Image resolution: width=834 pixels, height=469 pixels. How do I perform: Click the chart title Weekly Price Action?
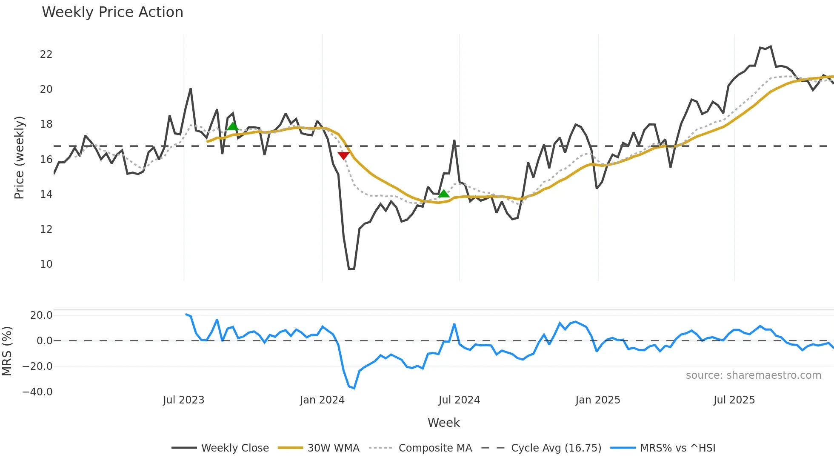112,12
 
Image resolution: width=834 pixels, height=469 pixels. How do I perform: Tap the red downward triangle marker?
343,155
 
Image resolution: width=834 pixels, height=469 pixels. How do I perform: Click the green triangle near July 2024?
443,194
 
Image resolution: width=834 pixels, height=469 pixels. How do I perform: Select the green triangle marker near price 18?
233,126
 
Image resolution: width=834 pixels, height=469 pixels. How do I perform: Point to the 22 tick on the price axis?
46,54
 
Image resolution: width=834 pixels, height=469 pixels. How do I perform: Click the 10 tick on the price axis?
46,264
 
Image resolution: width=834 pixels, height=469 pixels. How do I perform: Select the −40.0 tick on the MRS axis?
37,392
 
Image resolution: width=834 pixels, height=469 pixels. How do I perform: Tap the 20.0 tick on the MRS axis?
41,315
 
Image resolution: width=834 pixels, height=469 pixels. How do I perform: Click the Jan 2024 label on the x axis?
322,400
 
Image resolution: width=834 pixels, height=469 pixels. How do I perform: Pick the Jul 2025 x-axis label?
734,400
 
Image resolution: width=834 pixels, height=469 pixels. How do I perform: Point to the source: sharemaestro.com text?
753,375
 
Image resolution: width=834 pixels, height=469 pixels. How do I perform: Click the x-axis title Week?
443,423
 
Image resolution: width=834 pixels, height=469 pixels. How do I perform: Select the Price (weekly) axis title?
20,157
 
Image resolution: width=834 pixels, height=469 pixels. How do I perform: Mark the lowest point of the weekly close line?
351,269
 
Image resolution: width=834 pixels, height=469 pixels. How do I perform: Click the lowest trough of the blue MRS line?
354,388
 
